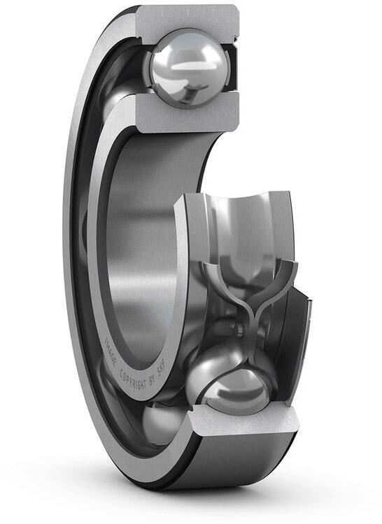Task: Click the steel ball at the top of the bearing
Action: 187,68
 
